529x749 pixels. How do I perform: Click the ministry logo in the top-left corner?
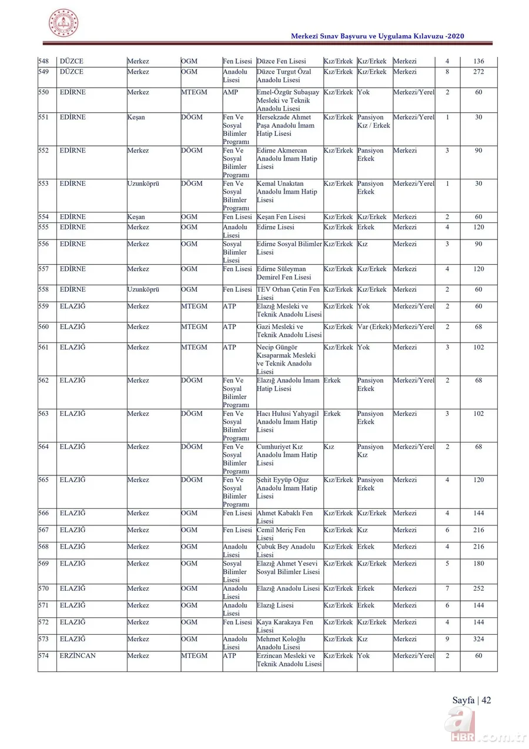(x=63, y=23)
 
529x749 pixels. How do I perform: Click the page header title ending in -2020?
(x=377, y=36)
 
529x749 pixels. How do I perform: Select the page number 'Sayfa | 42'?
(x=471, y=700)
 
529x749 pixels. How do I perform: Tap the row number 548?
(x=43, y=62)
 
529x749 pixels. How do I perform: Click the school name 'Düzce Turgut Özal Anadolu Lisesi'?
(x=284, y=76)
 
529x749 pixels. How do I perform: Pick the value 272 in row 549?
(x=478, y=72)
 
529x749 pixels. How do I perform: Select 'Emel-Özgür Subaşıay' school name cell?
(x=288, y=101)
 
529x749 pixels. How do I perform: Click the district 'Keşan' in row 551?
(x=136, y=117)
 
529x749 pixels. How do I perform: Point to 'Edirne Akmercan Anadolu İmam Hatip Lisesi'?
(x=287, y=158)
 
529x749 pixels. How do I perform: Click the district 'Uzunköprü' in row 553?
(x=144, y=184)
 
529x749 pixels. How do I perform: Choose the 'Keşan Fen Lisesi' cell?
(x=281, y=217)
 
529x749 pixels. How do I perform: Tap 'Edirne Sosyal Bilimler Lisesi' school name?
(x=289, y=248)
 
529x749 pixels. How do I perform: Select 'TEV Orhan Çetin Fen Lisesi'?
(x=289, y=293)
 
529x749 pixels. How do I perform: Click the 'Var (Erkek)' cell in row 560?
(x=374, y=327)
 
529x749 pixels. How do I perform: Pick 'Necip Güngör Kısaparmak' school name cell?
(x=286, y=359)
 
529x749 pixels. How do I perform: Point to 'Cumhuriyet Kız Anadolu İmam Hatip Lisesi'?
(x=287, y=455)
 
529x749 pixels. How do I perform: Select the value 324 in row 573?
(x=478, y=639)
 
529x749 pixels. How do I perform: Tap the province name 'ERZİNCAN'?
(x=78, y=656)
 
